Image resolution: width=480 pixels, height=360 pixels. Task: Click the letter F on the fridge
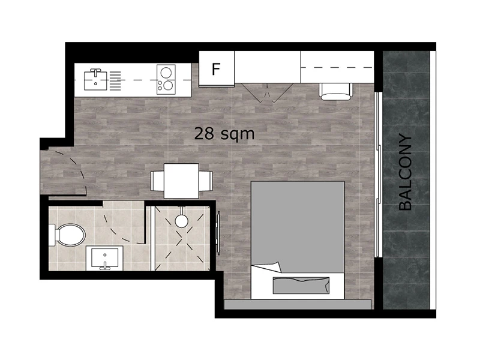click(x=216, y=69)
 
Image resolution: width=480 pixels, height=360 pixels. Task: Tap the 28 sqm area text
click(x=224, y=134)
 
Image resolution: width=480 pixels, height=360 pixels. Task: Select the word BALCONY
click(x=406, y=172)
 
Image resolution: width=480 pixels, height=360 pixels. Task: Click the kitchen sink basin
click(x=95, y=82)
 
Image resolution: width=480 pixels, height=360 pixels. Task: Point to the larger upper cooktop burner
click(x=166, y=73)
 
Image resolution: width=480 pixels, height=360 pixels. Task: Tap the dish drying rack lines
click(x=115, y=81)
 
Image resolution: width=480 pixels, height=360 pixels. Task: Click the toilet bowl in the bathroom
click(x=71, y=235)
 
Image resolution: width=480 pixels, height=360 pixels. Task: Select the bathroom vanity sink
click(x=104, y=259)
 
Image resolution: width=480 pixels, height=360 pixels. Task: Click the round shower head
click(x=181, y=221)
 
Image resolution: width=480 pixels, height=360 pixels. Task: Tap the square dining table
click(x=182, y=181)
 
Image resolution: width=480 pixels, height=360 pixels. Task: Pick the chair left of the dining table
click(x=157, y=181)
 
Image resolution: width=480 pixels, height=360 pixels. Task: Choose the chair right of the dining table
click(x=206, y=181)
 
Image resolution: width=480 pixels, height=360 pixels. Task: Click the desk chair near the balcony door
click(x=335, y=91)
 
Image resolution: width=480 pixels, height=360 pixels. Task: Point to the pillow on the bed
click(x=301, y=286)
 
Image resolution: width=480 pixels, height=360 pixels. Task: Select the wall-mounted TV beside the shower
click(x=218, y=233)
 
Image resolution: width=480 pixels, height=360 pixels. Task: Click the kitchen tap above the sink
click(x=95, y=72)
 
